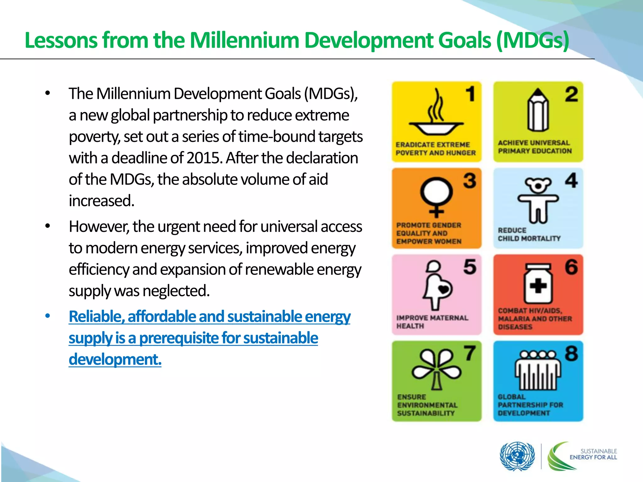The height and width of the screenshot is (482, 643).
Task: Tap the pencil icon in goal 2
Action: [538, 110]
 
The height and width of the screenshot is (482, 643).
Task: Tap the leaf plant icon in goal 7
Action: [436, 369]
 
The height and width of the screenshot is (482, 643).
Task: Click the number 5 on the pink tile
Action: [470, 267]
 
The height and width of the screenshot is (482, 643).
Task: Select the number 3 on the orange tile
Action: [470, 181]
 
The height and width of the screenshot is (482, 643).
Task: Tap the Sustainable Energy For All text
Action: [593, 454]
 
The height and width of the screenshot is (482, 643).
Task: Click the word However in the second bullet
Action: [99, 227]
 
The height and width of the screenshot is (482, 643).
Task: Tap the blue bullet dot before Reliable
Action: [47, 316]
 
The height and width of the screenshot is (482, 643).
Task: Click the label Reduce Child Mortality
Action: [529, 234]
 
